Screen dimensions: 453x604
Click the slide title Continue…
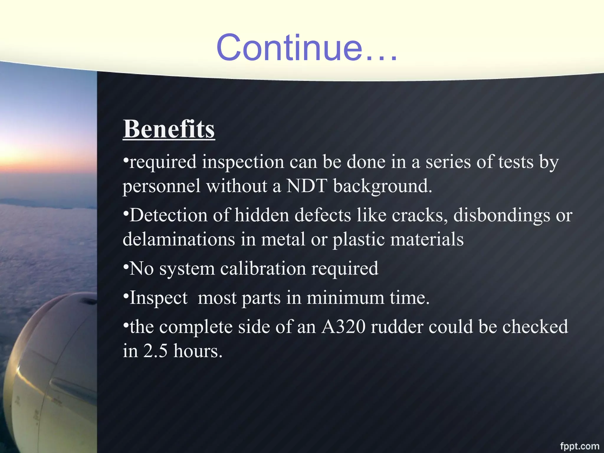pos(307,48)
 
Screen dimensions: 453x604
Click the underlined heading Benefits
pos(169,129)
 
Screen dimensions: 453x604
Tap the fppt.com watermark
pos(579,446)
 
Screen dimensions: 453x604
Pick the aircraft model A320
pos(343,327)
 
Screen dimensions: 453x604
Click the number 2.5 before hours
pos(155,351)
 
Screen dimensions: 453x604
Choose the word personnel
pos(161,186)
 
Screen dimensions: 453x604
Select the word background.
pos(383,186)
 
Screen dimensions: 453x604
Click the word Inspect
pos(158,298)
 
